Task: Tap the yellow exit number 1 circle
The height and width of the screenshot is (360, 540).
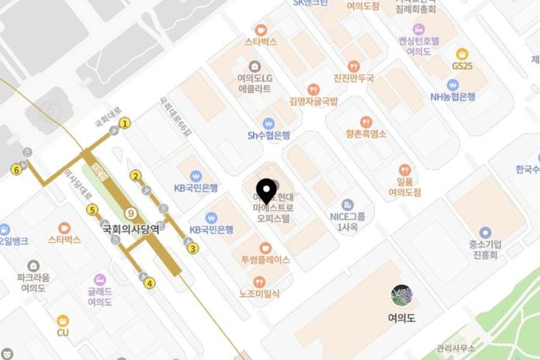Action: coord(125,123)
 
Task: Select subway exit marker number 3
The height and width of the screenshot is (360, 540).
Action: coord(193,248)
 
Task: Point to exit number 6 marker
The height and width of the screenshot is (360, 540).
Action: coord(16,169)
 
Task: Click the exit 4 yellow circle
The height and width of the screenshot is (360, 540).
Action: coord(150,283)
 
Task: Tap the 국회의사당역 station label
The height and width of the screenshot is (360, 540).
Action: coord(131,230)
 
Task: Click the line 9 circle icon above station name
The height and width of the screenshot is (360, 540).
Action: coord(131,213)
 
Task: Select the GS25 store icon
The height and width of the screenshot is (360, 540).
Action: coord(462,55)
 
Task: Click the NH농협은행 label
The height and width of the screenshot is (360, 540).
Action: coord(453,97)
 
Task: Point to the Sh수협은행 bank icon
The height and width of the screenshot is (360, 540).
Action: coord(269,123)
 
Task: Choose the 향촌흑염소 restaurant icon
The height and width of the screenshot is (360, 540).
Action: coord(366,122)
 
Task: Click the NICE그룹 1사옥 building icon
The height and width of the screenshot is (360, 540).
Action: coord(347,205)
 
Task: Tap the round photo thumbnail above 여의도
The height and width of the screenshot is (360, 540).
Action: coord(401,295)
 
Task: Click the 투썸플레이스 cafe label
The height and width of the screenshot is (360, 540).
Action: coord(265,260)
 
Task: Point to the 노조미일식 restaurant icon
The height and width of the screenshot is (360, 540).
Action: coord(259,282)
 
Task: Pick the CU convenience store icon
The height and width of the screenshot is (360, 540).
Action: coord(63,321)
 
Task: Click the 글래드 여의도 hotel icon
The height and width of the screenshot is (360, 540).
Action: coord(100,280)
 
